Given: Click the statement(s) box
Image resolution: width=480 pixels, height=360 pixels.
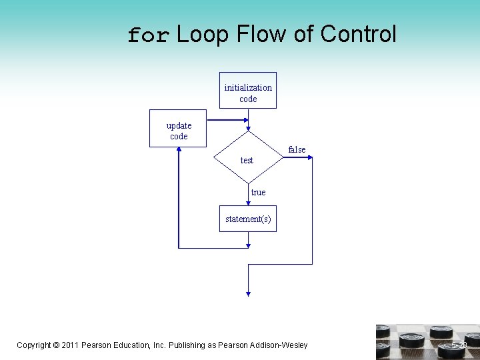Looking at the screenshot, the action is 248,219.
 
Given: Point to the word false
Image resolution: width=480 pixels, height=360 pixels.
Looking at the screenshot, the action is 297,150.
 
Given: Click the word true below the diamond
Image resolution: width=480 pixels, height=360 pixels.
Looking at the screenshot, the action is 258,193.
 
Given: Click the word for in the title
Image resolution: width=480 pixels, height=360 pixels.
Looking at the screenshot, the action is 149,35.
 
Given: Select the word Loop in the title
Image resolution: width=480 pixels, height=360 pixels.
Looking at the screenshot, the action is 203,34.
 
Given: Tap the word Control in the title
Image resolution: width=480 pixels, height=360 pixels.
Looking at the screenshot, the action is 358,34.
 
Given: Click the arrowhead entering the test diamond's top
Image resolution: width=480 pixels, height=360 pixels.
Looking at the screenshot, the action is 248,128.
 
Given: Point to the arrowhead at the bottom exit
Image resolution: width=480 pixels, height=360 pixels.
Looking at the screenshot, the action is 248,291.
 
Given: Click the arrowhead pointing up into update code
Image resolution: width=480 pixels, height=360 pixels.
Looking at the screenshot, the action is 179,150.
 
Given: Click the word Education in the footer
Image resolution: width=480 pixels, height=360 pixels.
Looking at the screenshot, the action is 128,345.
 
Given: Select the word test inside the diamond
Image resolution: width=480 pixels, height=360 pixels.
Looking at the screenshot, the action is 247,161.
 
